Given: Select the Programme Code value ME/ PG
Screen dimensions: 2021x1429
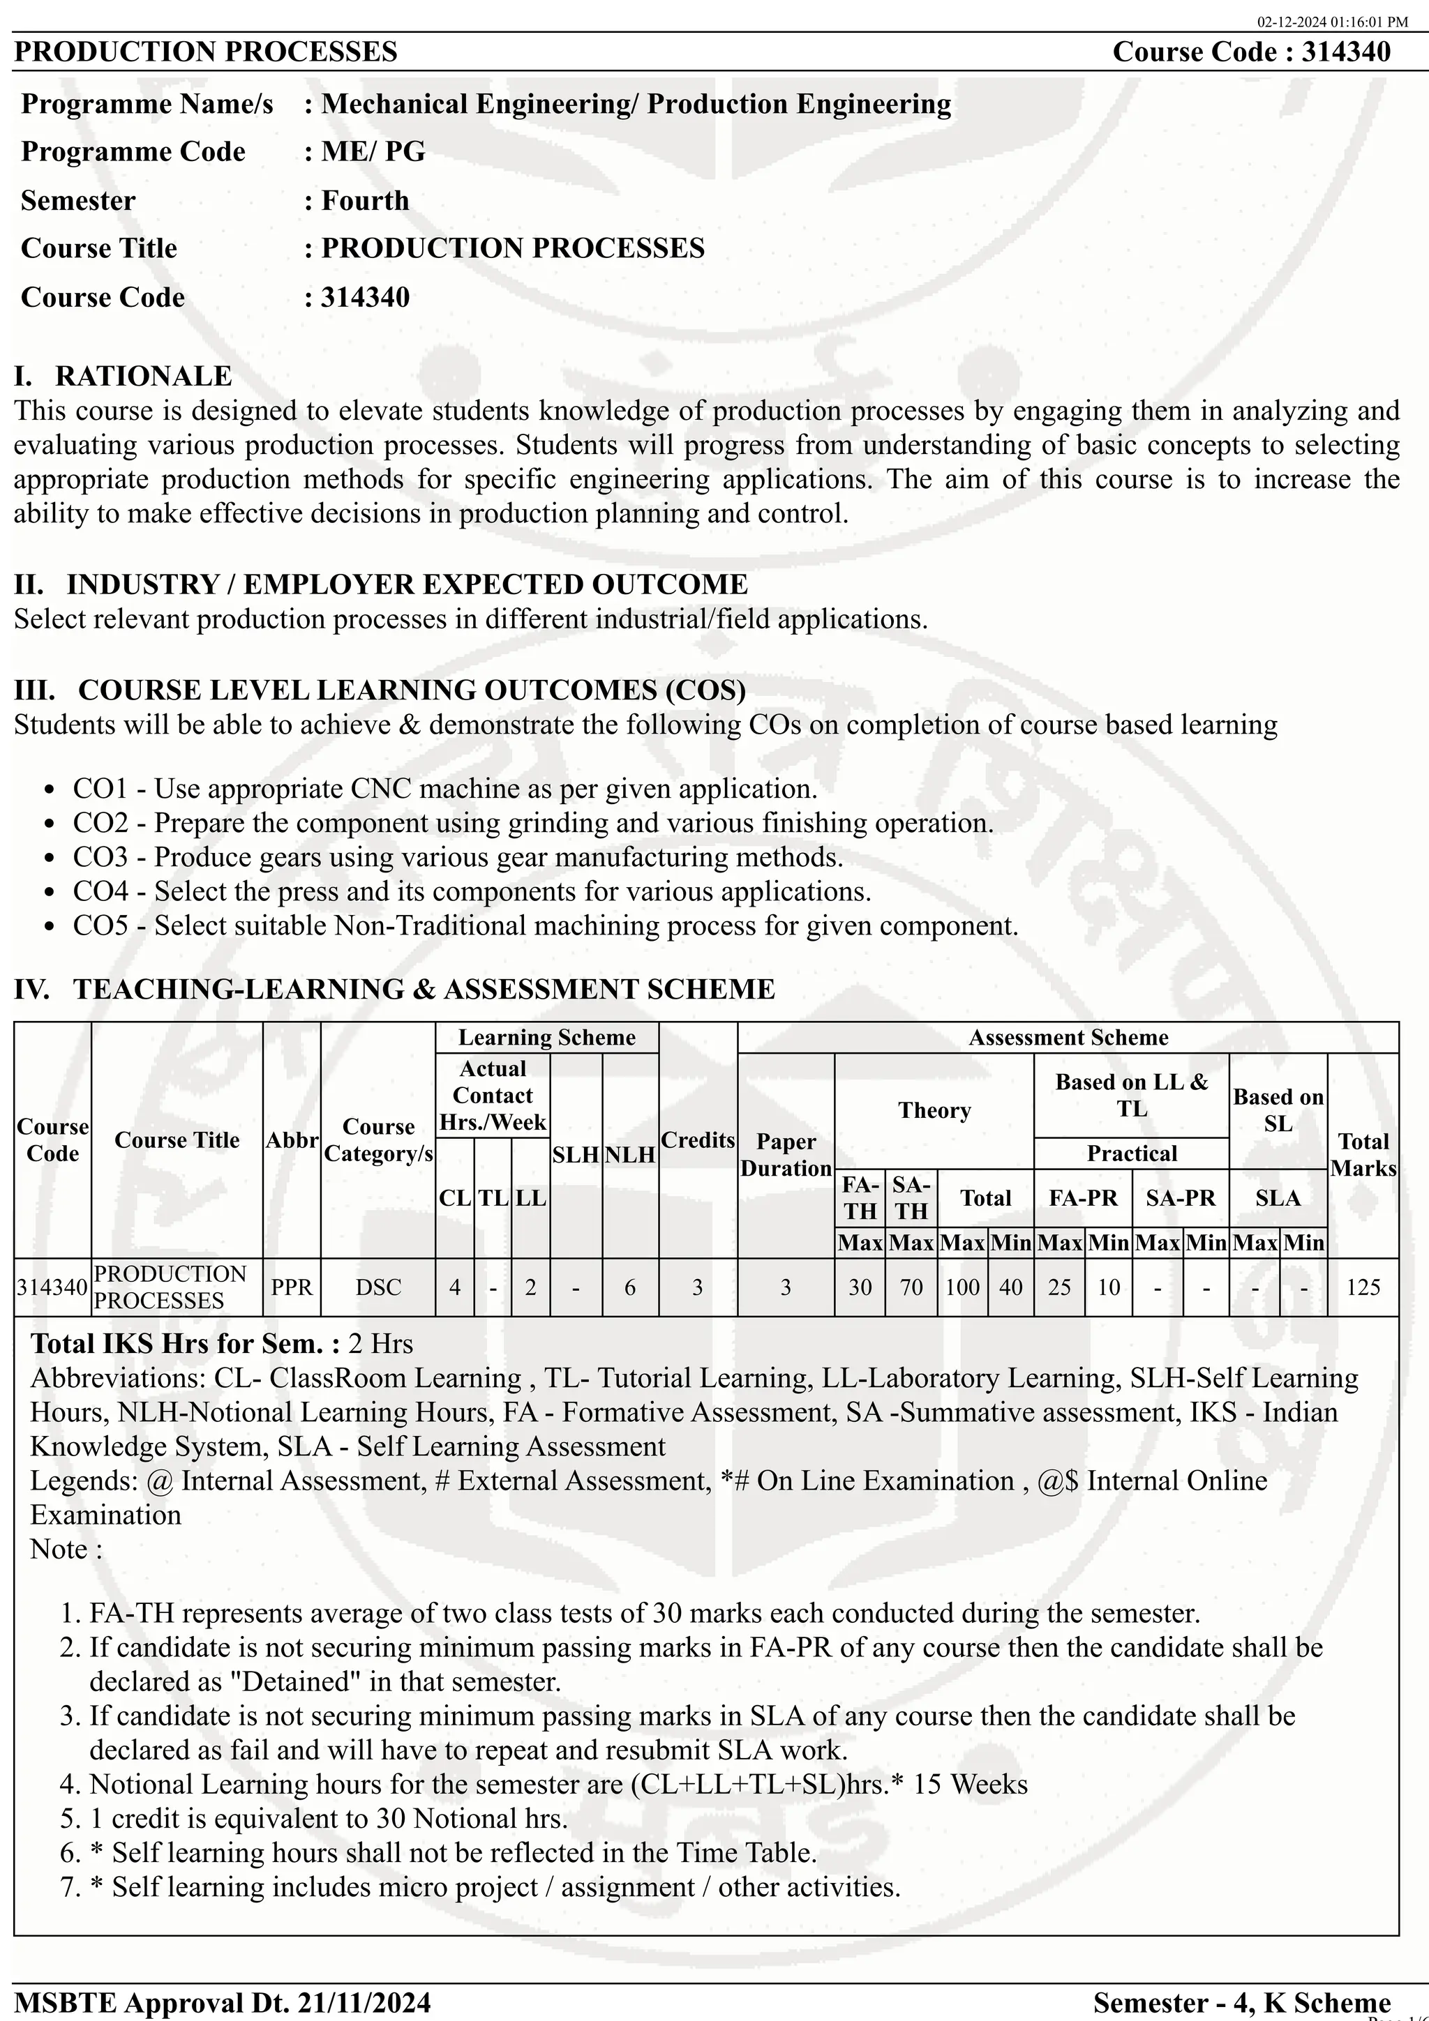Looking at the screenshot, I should point(373,151).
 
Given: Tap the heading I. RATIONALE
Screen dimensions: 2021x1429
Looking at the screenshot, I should point(124,376).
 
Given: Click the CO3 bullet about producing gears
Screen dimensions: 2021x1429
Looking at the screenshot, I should point(458,856).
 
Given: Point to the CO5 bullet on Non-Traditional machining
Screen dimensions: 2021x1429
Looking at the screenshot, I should point(545,925).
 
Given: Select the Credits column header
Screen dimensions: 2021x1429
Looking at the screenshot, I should point(697,1140).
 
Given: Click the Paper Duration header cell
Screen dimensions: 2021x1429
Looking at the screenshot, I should point(786,1154).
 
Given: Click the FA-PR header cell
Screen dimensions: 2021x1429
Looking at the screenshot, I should point(1082,1197).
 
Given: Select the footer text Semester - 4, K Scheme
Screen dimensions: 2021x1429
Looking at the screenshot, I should point(1241,2002).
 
